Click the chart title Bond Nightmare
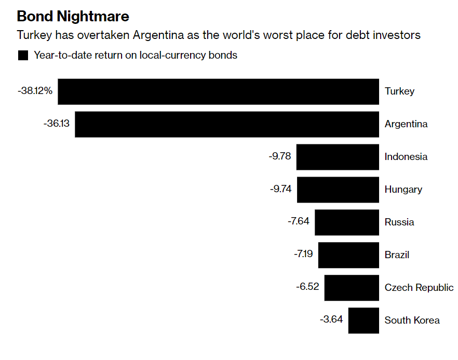tap(73, 16)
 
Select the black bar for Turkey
tap(218, 91)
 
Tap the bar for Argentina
tap(227, 124)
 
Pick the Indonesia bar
tap(338, 157)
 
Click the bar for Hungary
tap(338, 190)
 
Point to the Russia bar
tap(347, 222)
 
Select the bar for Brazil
tap(348, 255)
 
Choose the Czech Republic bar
tap(352, 288)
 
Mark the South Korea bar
tap(363, 320)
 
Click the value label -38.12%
tap(35, 90)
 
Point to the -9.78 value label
tap(280, 156)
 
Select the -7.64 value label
tap(298, 221)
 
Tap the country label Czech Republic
tap(419, 288)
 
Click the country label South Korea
tap(412, 321)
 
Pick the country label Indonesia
tap(406, 157)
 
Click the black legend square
tap(23, 56)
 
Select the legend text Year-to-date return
tap(136, 55)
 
